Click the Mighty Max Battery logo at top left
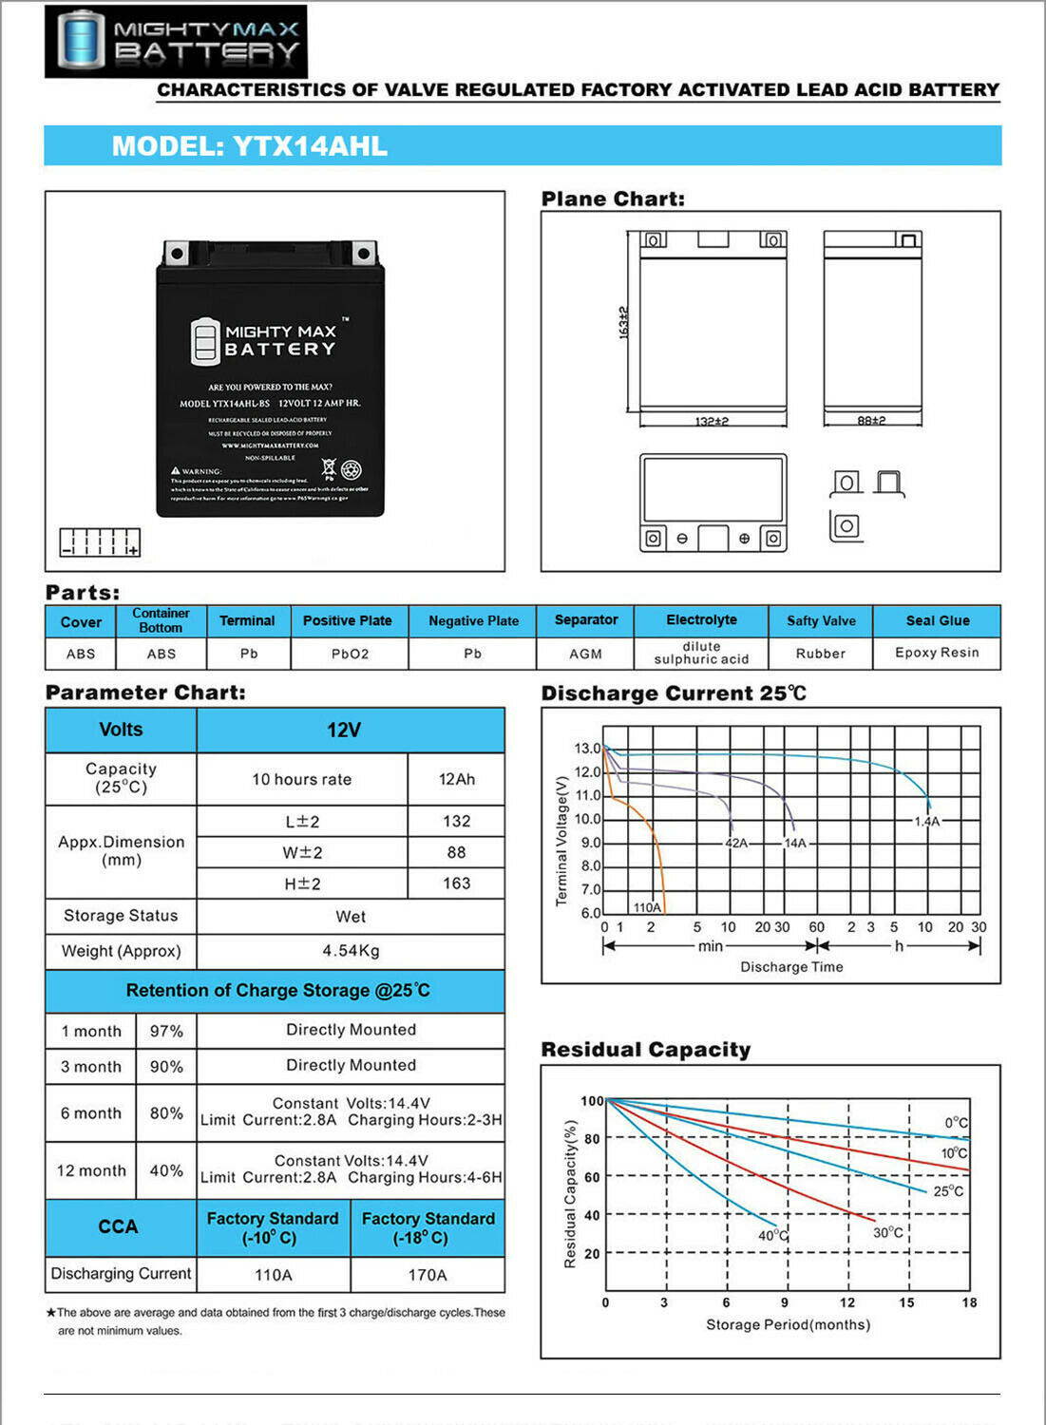point(176,41)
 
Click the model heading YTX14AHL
point(250,146)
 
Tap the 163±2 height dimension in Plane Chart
point(624,322)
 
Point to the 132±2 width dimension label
point(712,421)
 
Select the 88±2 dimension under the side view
point(871,420)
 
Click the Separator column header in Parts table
point(585,620)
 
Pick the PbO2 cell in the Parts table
point(350,654)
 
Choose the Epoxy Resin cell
point(937,653)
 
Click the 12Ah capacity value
point(456,779)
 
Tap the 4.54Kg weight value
point(351,951)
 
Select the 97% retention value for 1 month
point(166,1031)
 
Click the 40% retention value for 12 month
point(166,1170)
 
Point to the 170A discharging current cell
point(428,1275)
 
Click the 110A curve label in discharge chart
point(647,907)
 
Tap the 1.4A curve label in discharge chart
point(927,821)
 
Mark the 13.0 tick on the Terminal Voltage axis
point(587,749)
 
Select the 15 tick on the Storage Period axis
point(906,1302)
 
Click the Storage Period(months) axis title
point(788,1324)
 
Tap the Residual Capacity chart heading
point(646,1050)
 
